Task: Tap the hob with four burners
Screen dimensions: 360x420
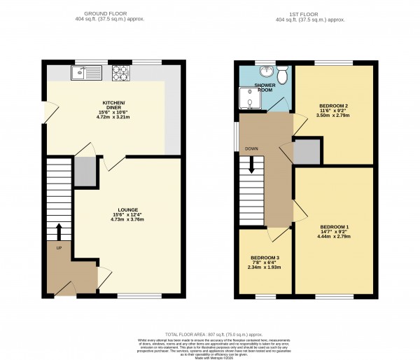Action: point(120,71)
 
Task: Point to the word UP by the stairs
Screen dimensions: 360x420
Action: point(59,248)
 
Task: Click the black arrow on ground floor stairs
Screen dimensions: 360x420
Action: point(59,231)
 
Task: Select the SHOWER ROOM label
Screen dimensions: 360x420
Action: point(265,87)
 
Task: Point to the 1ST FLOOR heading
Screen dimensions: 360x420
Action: point(305,13)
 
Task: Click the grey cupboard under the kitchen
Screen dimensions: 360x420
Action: point(85,172)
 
